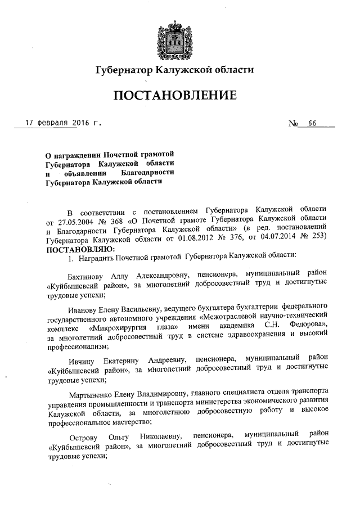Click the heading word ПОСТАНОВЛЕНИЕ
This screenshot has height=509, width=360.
[175, 96]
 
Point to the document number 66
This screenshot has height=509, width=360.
[311, 123]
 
